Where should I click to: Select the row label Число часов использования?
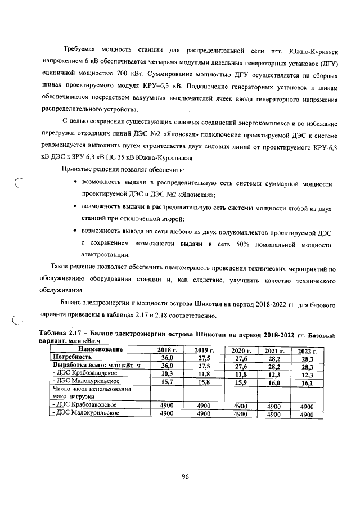pos(91,389)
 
